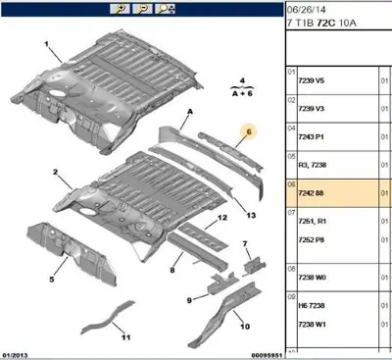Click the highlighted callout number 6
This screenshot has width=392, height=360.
click(x=248, y=130)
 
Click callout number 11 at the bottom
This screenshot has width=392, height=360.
click(x=124, y=337)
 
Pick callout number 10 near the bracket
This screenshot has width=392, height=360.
click(x=245, y=328)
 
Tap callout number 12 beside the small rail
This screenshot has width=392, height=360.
click(x=222, y=217)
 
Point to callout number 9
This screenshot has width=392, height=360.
click(x=189, y=300)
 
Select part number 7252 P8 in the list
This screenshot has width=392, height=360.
click(x=311, y=238)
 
